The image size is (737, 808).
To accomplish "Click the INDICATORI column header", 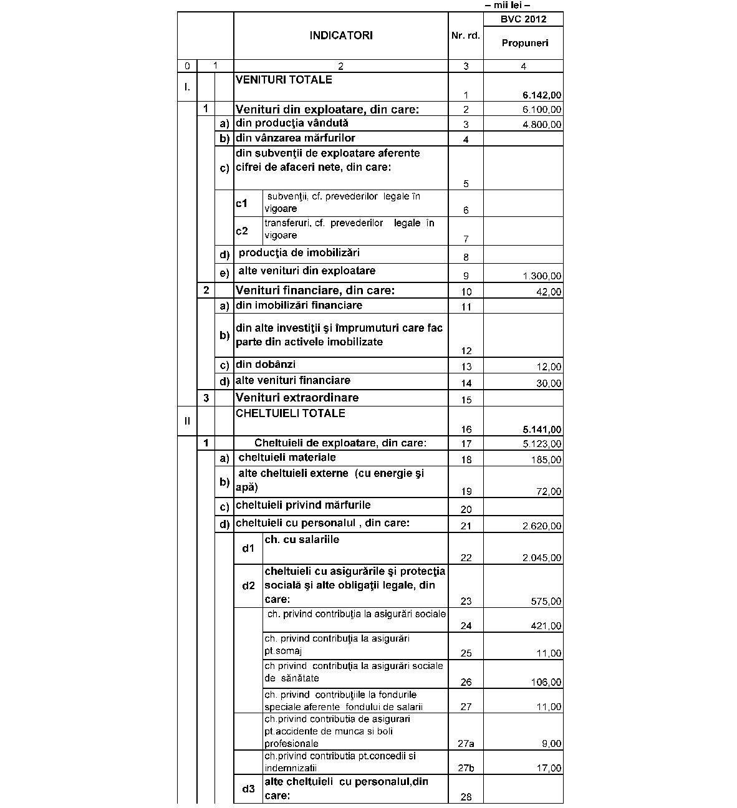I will (340, 36).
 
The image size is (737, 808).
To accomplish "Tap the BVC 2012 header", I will (523, 19).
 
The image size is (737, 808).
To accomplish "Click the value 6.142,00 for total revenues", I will (542, 95).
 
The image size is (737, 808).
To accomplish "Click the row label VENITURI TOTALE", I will (284, 80).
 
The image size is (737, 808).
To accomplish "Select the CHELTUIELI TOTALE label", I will (290, 413).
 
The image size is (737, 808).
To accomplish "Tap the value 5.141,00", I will (542, 430).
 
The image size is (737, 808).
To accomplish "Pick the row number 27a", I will (466, 743).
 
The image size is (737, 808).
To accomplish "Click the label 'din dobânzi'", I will (266, 365).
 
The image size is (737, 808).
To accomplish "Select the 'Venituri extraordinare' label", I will (297, 398).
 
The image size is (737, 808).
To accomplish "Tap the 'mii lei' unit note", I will (507, 6).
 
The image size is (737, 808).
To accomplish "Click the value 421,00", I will (546, 626).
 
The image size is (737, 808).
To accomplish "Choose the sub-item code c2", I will (242, 231).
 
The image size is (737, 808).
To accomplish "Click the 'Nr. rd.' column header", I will (466, 36).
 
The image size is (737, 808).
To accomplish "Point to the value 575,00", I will (546, 602).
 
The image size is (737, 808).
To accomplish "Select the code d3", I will (248, 789).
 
